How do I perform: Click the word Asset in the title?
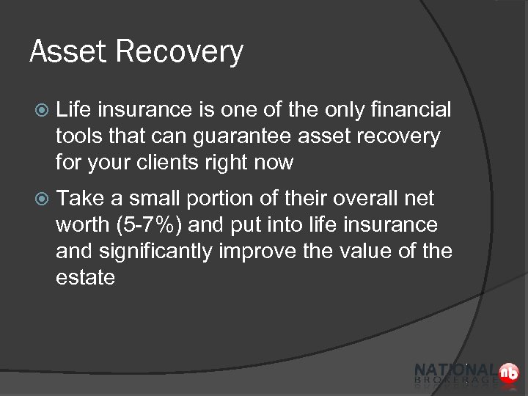pos(65,52)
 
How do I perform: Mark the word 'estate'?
pos(86,278)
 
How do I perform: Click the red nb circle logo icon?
pos(508,373)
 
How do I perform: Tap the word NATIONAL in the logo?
pos(455,370)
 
